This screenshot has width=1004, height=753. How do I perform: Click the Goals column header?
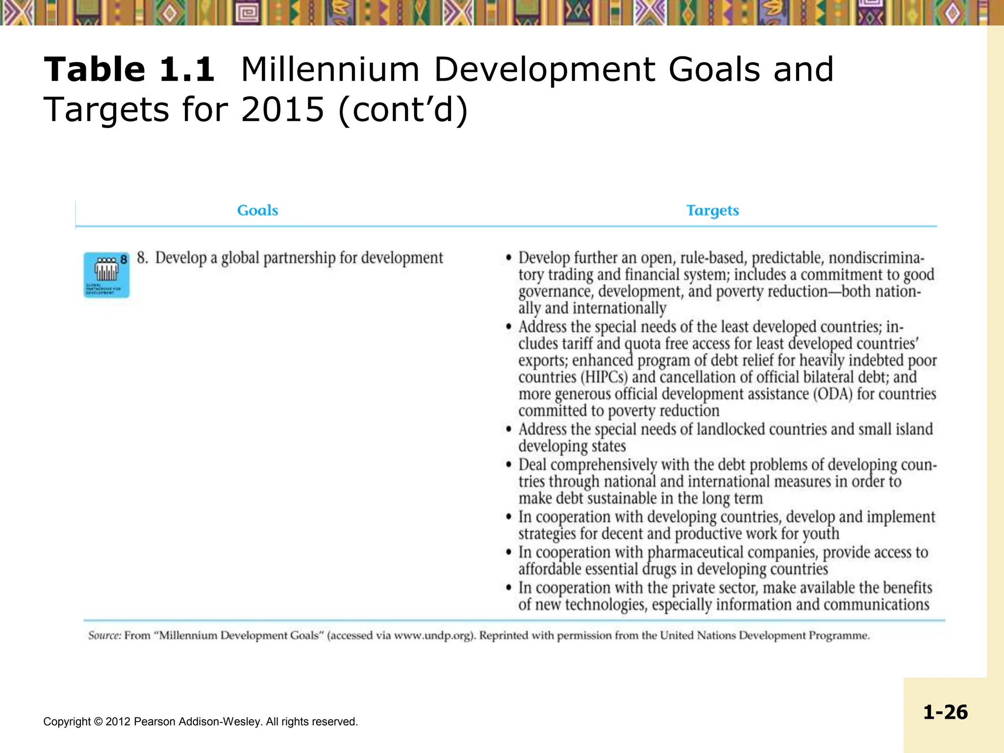257,210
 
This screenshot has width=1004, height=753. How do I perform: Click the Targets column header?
712,210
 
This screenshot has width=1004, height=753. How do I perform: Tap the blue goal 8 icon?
106,275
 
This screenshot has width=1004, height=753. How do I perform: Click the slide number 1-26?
945,712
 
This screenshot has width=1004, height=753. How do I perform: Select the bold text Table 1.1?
129,69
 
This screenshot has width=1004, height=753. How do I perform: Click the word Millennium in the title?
330,69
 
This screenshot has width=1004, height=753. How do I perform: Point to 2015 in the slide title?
282,109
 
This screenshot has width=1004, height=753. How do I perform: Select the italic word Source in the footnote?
104,635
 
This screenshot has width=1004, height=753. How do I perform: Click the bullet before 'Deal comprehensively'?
509,464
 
